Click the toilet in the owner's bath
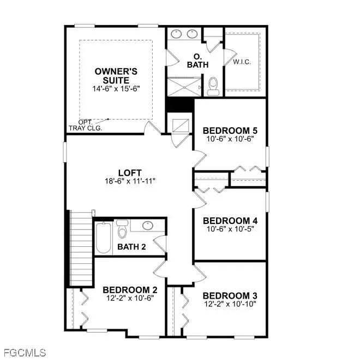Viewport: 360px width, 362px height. (213, 86)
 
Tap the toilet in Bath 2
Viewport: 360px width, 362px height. (122, 230)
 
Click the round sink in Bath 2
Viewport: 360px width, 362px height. (147, 225)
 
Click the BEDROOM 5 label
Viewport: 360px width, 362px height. (230, 131)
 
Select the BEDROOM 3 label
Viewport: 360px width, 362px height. (230, 295)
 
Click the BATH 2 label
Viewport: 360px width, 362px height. (132, 247)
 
